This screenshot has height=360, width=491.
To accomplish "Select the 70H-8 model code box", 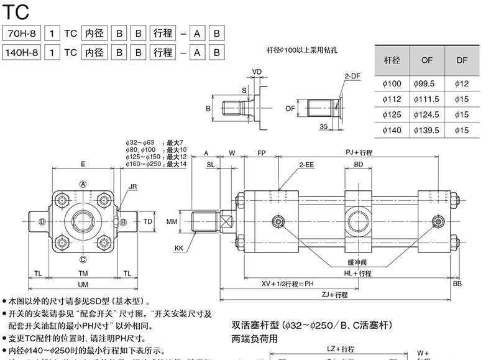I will (x=22, y=33).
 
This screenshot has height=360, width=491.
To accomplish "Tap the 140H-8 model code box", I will (x=22, y=52).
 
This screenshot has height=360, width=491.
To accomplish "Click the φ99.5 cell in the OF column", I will (x=426, y=83).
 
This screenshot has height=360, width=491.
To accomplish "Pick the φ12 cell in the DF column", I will (x=461, y=83).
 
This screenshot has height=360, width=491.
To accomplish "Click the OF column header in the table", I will (x=426, y=60).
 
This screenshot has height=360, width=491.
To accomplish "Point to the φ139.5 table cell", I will (x=426, y=130).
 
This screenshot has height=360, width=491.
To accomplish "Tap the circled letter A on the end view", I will (x=83, y=183).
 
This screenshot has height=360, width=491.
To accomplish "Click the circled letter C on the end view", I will (x=83, y=259).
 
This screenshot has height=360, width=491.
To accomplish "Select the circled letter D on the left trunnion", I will (x=42, y=222).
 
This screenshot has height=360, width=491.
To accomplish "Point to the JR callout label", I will (x=132, y=187).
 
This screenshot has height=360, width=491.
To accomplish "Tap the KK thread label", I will (x=179, y=248).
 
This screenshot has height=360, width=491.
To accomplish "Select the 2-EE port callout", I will (x=306, y=165).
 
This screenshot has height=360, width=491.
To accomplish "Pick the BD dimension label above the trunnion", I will (x=359, y=165).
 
